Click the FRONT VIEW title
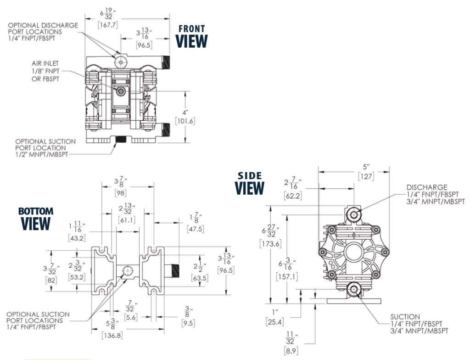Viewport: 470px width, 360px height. click(x=192, y=37)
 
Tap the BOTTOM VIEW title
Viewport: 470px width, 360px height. click(x=36, y=219)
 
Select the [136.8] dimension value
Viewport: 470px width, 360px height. click(x=112, y=336)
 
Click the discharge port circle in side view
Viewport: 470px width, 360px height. click(x=354, y=213)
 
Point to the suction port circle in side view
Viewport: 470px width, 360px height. click(x=353, y=290)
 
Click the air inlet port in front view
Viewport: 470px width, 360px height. click(x=120, y=91)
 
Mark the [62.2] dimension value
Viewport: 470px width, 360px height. click(x=292, y=196)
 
